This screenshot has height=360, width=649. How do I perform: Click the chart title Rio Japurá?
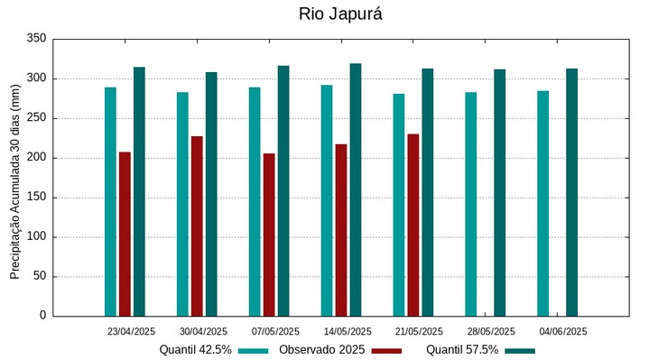point(334,14)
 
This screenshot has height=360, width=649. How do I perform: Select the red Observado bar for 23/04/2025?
point(125,234)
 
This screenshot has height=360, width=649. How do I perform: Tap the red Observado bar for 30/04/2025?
point(197,226)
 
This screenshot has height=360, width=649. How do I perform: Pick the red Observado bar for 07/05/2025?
point(269,235)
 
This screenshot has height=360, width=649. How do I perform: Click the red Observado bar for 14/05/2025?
point(341,230)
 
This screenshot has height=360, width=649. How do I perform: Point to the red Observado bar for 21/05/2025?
point(413,225)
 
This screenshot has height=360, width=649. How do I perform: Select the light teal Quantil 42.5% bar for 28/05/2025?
point(471,204)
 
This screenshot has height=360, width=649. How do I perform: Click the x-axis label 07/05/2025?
point(275,331)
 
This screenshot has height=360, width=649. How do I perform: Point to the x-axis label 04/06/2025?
point(564,331)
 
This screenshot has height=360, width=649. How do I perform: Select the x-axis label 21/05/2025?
point(420,331)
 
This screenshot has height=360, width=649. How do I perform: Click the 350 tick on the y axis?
point(36,39)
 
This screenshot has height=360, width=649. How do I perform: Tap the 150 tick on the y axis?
point(36,198)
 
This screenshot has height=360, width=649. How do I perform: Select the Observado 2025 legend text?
point(321,350)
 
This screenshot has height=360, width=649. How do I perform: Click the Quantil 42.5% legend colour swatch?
point(255,350)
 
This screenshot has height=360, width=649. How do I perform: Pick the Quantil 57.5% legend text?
point(462,350)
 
